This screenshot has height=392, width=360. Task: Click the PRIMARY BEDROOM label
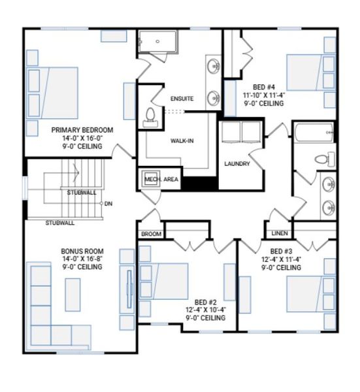point(82,130)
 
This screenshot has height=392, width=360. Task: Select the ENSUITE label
point(182,99)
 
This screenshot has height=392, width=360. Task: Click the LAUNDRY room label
point(237,163)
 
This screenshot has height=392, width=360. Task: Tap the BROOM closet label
point(150,233)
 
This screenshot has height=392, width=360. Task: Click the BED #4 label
point(268,86)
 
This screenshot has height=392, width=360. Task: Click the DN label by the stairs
point(108,204)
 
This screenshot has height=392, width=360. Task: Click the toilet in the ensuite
point(150,116)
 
